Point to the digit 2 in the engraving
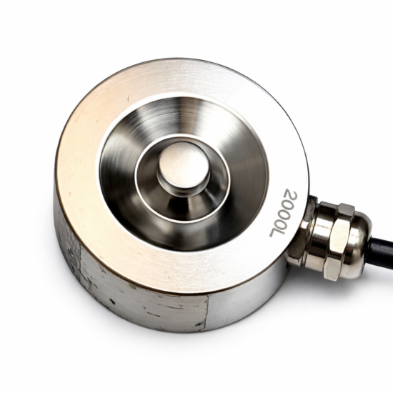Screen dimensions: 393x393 tap(291, 195)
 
